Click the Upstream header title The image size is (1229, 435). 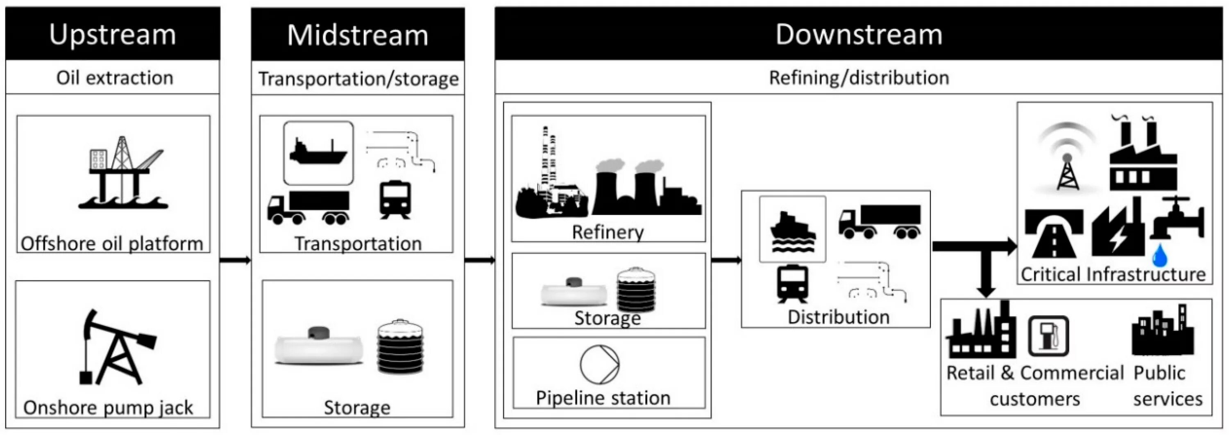[113, 34]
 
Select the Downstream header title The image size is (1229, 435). [858, 34]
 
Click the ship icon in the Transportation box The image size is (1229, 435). [318, 153]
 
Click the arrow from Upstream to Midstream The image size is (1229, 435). [235, 260]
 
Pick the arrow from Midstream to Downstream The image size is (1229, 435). [479, 260]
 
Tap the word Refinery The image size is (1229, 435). [608, 232]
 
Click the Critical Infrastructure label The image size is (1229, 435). [1113, 274]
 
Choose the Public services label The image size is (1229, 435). [1167, 385]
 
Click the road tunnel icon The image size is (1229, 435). [1054, 234]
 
